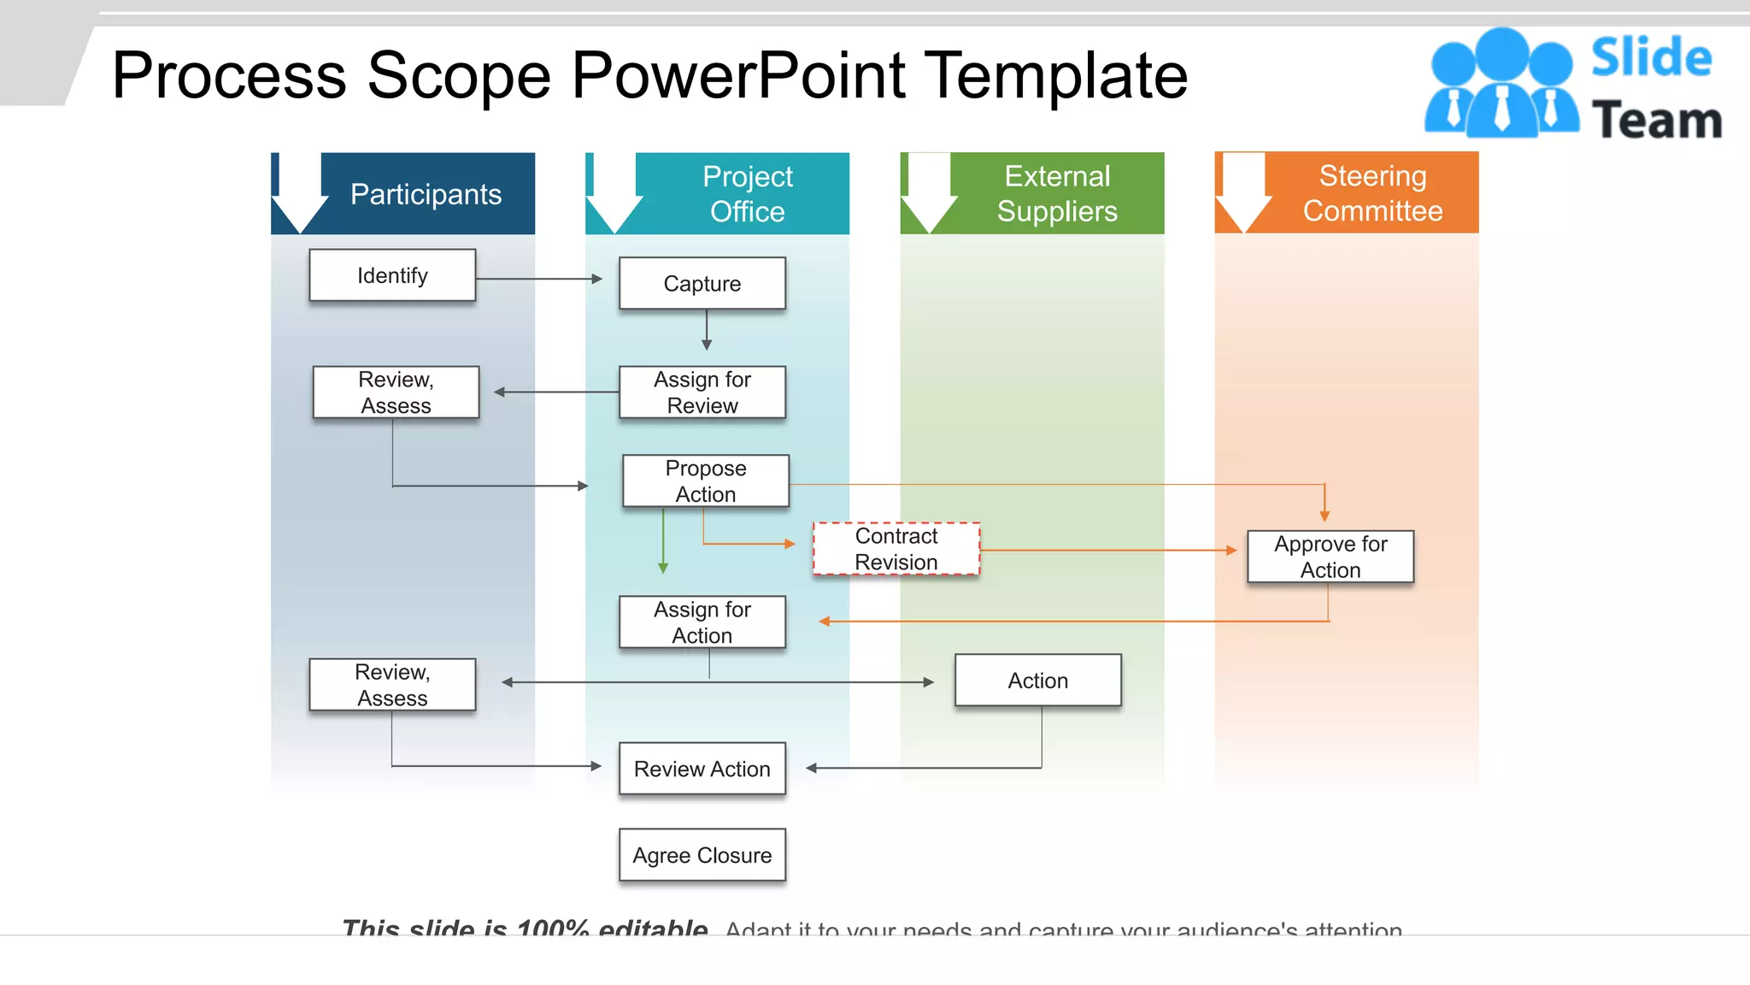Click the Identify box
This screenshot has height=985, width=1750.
pyautogui.click(x=392, y=275)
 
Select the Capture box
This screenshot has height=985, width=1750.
pyautogui.click(x=702, y=283)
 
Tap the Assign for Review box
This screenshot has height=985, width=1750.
pyautogui.click(x=702, y=392)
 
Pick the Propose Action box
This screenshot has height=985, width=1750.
pyautogui.click(x=705, y=481)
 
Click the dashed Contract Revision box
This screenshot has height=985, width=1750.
pyautogui.click(x=896, y=549)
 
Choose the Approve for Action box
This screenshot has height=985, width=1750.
pyautogui.click(x=1330, y=557)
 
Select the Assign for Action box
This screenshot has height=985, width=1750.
pyautogui.click(x=702, y=622)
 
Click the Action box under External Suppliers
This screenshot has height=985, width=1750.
pyautogui.click(x=1037, y=681)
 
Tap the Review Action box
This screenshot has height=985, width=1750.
pyautogui.click(x=702, y=769)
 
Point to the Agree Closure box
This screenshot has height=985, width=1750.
pyautogui.click(x=702, y=855)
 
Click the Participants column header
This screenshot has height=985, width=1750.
pyautogui.click(x=426, y=194)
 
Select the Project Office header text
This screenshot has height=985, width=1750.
pyautogui.click(x=747, y=194)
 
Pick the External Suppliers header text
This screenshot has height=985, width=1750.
pyautogui.click(x=1057, y=194)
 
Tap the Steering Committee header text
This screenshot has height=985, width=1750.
pyautogui.click(x=1372, y=193)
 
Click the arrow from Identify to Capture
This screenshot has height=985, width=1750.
pyautogui.click(x=539, y=279)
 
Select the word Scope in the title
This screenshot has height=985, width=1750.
pyautogui.click(x=458, y=75)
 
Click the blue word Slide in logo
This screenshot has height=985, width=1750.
pyautogui.click(x=1651, y=57)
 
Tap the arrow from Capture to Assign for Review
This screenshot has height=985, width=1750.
pyautogui.click(x=707, y=330)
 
